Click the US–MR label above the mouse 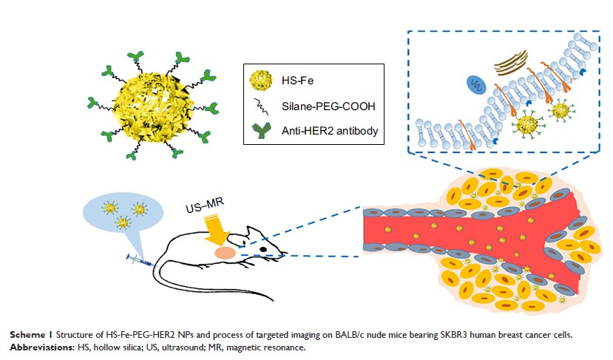[202, 212]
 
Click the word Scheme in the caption [27, 333]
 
